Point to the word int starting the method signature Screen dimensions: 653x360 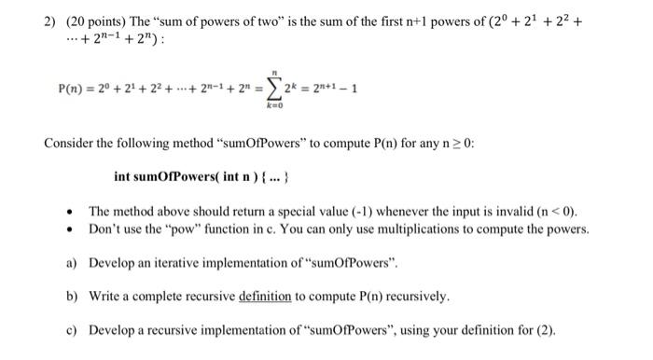(124, 177)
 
